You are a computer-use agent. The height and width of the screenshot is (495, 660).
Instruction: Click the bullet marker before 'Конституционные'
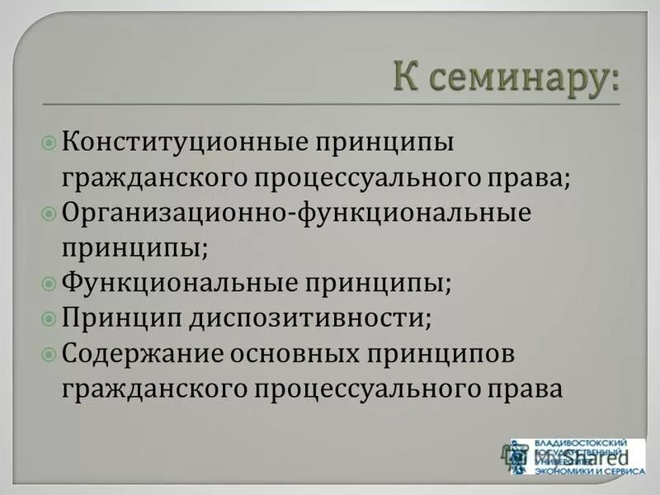[49, 141]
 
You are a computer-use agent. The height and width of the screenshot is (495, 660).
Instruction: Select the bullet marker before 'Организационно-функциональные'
[49, 212]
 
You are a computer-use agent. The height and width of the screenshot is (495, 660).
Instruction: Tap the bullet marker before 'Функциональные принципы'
[49, 282]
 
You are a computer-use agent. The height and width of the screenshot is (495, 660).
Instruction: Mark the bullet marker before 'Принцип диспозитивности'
[49, 317]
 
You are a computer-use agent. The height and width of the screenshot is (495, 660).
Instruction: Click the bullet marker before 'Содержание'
[49, 352]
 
